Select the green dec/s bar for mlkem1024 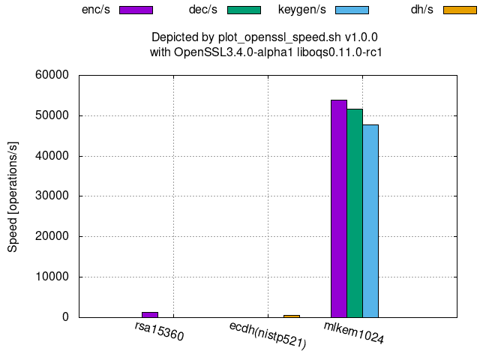(355, 213)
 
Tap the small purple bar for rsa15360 (150, 314)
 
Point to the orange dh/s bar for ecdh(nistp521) (291, 316)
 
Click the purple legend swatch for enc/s (136, 10)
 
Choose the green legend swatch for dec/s (243, 10)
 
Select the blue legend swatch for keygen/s (352, 10)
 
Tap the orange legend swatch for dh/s (460, 10)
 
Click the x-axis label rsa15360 (159, 331)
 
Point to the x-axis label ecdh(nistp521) (268, 335)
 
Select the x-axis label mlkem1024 (354, 333)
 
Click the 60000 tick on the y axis (52, 75)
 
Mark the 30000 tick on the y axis (52, 196)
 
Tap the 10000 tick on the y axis (52, 277)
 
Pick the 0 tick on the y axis (65, 317)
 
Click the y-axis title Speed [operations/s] (13, 196)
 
